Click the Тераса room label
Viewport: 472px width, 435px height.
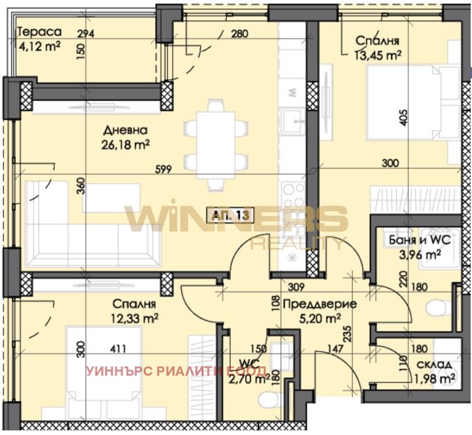point(40,32)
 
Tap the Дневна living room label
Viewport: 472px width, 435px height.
point(125,130)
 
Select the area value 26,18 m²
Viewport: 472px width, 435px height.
point(125,145)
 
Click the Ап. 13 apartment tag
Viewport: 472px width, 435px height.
point(230,216)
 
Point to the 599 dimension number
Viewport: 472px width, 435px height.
point(163,169)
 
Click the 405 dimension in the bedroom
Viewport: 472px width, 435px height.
point(403,117)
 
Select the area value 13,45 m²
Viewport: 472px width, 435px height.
point(378,55)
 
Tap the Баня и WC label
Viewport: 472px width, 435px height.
point(420,240)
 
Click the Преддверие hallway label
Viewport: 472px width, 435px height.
point(320,304)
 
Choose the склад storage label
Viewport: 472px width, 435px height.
point(434,364)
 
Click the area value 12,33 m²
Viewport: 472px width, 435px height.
point(134,318)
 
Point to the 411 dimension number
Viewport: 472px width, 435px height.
point(118,349)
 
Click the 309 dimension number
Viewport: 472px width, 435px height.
point(296,287)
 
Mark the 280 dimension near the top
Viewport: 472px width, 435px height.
point(239,34)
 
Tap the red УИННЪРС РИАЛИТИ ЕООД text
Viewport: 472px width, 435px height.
point(177,371)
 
